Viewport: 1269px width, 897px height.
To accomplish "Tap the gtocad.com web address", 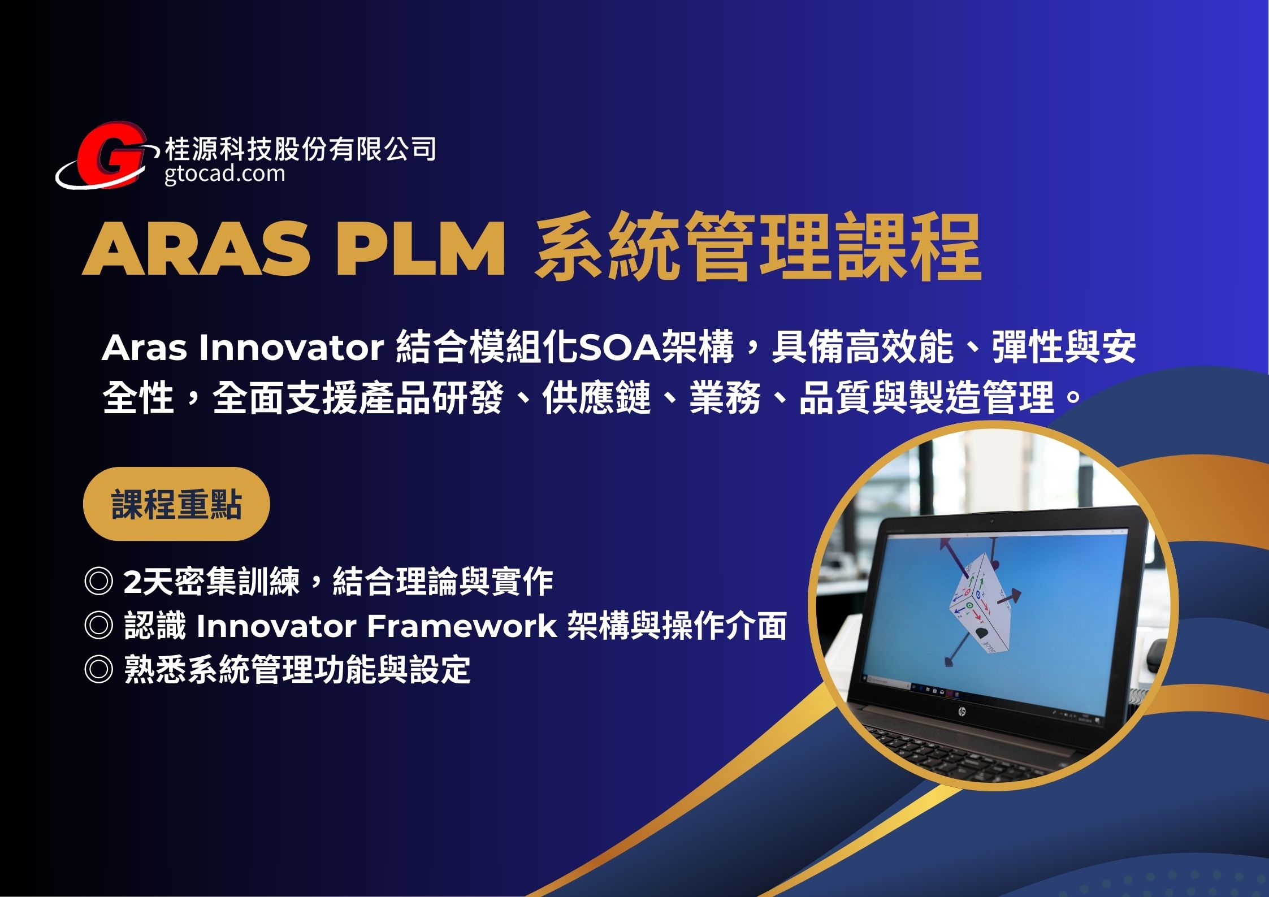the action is [x=225, y=173].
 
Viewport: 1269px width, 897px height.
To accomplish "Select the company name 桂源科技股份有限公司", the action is [x=300, y=149].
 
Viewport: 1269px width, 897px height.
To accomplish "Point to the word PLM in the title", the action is [x=420, y=249].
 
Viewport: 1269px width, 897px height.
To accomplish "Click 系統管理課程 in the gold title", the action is [x=758, y=247].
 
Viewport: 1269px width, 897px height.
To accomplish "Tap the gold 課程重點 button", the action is [x=176, y=504].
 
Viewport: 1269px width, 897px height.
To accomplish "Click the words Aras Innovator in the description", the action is [x=243, y=348].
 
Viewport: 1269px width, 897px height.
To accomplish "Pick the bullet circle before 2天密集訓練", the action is [x=98, y=582].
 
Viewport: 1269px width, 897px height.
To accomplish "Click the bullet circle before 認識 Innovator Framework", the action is [x=98, y=626].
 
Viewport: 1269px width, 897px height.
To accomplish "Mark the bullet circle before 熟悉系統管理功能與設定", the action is [x=98, y=670].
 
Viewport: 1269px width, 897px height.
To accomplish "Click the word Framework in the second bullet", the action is [x=461, y=626].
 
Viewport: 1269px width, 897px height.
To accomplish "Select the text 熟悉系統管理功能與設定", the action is [x=297, y=670].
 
